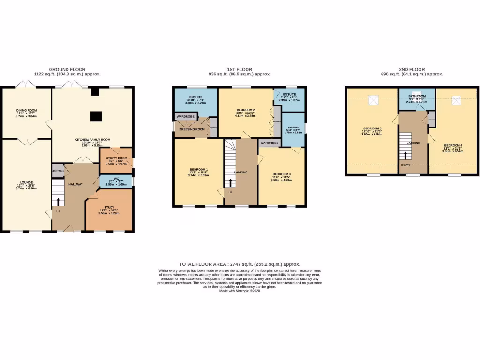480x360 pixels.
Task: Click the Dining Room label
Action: coord(26,111)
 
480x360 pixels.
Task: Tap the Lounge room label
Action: coord(26,182)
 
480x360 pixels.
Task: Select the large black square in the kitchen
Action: coord(96,115)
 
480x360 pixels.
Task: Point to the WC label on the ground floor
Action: coord(116,178)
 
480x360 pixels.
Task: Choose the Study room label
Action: coord(109,207)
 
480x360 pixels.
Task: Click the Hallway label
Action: coord(75,184)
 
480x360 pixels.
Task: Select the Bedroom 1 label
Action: coord(199,169)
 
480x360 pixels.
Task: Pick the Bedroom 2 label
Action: coord(246,110)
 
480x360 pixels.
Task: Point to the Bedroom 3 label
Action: coord(281,174)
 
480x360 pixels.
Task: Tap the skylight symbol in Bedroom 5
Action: coord(374,99)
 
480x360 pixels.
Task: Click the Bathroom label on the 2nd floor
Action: coord(416,96)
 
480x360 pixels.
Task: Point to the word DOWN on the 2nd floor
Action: coord(405,165)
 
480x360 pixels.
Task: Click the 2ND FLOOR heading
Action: coord(412,69)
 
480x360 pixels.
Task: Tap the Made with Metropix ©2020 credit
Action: coord(239,291)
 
